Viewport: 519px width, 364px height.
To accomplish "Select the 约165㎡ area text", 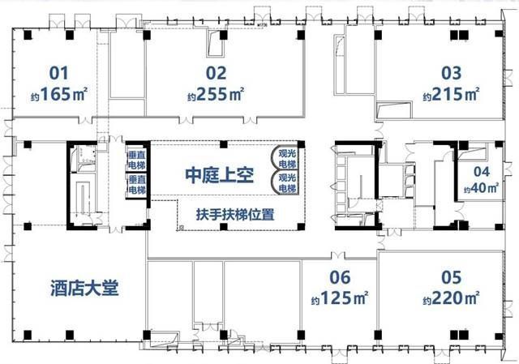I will [58, 92].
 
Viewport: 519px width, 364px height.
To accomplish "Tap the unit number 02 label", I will [215, 73].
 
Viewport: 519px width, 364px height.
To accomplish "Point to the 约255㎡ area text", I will [215, 93].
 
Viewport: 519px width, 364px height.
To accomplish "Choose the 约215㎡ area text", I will [450, 93].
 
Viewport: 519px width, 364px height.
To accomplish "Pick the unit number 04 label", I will [482, 172].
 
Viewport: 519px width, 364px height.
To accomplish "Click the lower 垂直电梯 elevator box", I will [135, 185].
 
